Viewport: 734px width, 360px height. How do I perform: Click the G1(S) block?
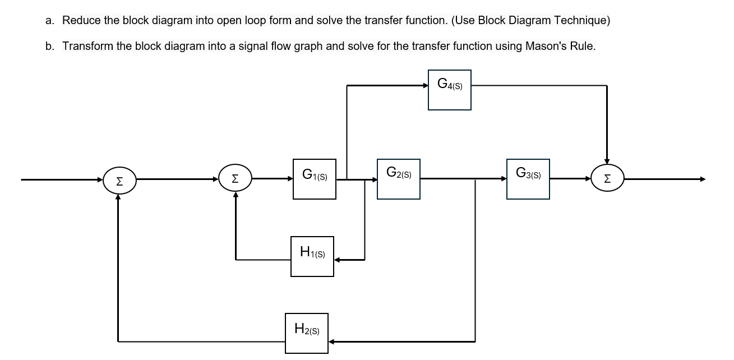pos(315,179)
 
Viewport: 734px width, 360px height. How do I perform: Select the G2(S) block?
pos(399,179)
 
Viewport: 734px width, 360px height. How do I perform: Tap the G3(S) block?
pos(528,179)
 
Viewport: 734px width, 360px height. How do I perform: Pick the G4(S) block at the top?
pos(450,90)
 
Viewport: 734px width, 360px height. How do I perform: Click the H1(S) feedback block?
pos(312,256)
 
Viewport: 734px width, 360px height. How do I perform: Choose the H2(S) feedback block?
pos(307,333)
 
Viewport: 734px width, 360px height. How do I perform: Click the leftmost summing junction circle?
pos(118,180)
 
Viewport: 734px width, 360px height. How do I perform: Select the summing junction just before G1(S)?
pos(236,179)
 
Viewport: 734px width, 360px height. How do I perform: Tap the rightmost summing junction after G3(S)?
pos(607,179)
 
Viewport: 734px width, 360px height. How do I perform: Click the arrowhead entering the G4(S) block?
pos(425,85)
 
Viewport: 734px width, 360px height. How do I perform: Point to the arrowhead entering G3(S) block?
pos(503,179)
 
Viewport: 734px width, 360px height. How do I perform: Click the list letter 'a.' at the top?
pos(50,21)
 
